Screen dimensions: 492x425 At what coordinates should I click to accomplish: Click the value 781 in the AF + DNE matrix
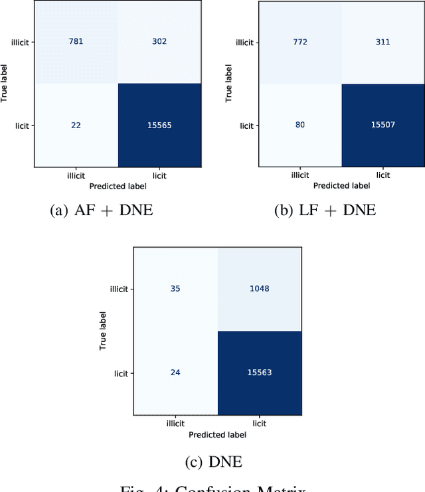click(x=76, y=42)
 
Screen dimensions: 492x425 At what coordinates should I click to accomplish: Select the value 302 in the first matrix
click(x=159, y=42)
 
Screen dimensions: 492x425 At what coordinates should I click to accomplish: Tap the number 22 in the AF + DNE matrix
click(x=76, y=125)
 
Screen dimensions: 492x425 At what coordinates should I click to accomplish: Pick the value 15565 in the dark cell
click(x=159, y=125)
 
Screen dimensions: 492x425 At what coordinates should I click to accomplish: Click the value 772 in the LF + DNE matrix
click(x=300, y=42)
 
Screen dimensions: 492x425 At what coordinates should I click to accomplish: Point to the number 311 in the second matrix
click(x=383, y=42)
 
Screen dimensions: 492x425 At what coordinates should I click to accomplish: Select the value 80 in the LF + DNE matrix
click(x=300, y=125)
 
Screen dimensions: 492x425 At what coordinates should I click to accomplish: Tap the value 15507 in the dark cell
click(x=383, y=125)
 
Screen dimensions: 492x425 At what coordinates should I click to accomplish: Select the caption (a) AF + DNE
click(x=101, y=210)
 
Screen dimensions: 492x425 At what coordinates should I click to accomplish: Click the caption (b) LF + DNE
click(x=325, y=210)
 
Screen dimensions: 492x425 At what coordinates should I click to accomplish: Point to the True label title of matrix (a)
click(x=6, y=83)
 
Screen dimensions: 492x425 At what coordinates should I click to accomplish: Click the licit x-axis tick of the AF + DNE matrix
click(x=159, y=176)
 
